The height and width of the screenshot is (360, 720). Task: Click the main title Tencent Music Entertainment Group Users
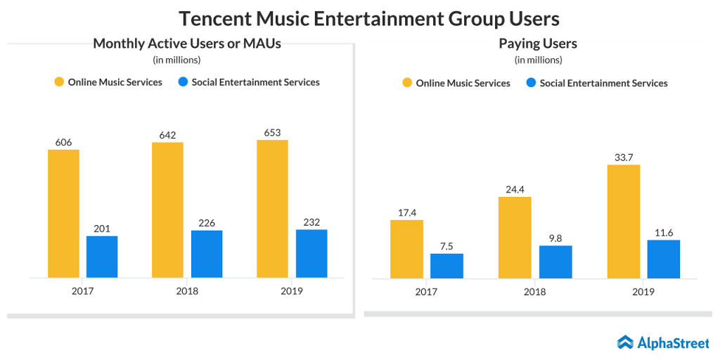tap(359, 18)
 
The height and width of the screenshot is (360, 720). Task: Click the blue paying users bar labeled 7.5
tap(446, 265)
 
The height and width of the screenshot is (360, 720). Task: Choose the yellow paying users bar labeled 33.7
tap(623, 221)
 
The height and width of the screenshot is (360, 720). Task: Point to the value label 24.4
tap(515, 189)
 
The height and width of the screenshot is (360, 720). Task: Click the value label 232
tap(311, 221)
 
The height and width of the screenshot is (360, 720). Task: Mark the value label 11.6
tap(663, 232)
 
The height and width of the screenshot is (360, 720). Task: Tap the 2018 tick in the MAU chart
tap(187, 290)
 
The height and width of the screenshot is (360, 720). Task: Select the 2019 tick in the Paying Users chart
tap(643, 291)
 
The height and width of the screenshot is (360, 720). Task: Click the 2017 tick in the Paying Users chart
tap(425, 291)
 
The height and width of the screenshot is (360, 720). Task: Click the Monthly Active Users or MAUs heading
tap(187, 44)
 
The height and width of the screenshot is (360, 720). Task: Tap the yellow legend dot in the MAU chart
tap(59, 82)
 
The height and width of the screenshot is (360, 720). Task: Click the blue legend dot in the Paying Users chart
tap(531, 83)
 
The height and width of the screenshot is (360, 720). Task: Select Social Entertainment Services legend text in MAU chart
tap(255, 82)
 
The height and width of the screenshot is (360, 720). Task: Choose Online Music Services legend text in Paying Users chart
tap(463, 83)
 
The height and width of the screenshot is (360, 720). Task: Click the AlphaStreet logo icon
tap(625, 342)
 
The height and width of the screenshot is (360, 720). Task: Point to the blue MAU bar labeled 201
tap(102, 256)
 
